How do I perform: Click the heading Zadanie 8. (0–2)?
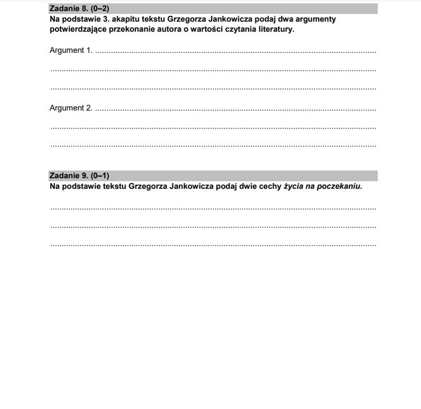[x=79, y=9]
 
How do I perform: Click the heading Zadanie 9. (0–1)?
[x=79, y=176]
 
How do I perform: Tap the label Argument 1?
[x=71, y=50]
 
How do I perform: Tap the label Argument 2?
[x=71, y=108]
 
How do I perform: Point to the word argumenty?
[x=315, y=19]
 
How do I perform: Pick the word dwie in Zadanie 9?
[x=249, y=187]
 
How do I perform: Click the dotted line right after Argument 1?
[x=235, y=52]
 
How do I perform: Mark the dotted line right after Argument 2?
[x=235, y=110]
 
